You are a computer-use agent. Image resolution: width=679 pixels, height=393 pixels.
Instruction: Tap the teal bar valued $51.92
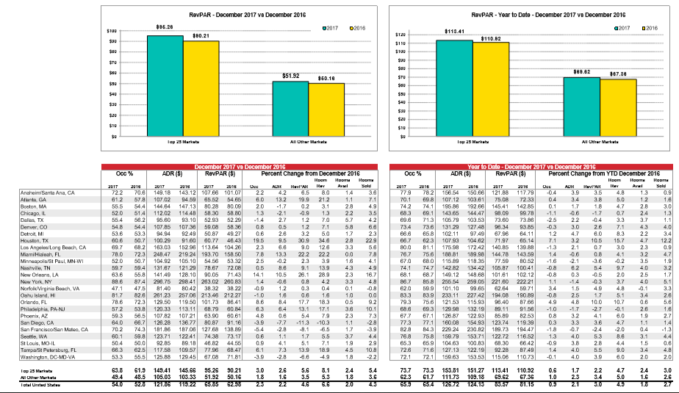point(290,108)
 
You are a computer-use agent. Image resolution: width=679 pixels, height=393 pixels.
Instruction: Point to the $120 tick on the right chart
point(400,35)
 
